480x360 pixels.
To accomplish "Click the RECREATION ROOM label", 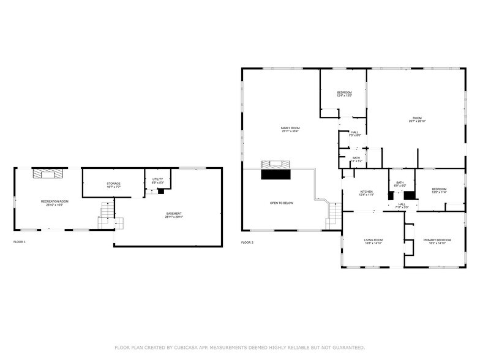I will pos(54,203).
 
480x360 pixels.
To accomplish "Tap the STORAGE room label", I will pos(113,186).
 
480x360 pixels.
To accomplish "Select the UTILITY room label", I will pos(157,181).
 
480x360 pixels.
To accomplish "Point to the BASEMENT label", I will pos(174,215).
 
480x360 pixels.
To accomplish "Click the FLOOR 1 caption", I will pos(20,242).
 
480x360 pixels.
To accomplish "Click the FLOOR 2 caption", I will pos(247,243).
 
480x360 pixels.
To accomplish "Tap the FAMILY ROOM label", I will pos(290,129).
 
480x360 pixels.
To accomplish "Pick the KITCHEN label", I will pos(366,193).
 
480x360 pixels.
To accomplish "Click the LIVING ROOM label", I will pos(373,241).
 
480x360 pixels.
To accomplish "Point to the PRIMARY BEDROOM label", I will pos(437,241).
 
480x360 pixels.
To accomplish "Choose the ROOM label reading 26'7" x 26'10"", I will pos(417,119).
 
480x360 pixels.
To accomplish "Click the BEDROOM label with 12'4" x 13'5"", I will pos(343,94).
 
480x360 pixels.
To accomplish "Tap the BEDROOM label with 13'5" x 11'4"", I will pos(439,190).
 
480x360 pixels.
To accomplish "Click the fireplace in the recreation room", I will pos(48,174).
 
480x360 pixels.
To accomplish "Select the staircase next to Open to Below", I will pos(334,215).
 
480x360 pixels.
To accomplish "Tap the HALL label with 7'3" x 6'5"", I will pos(354,133).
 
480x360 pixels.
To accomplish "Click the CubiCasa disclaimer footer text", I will pos(240,347).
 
